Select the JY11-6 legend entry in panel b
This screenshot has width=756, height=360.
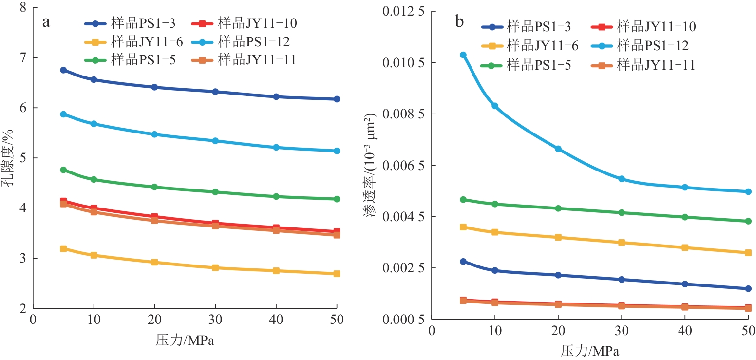[x=530, y=46]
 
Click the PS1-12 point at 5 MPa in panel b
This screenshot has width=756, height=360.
[x=450, y=55]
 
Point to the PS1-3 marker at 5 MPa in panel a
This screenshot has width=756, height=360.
[x=63, y=70]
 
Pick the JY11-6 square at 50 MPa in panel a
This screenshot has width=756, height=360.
[x=337, y=274]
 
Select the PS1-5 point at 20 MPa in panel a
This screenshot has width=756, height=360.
[x=154, y=187]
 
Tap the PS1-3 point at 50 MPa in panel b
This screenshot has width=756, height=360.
[x=748, y=289]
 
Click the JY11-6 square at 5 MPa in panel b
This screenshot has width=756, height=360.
[x=450, y=227]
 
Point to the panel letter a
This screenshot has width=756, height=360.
[x=47, y=22]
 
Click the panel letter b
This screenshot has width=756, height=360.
[x=459, y=22]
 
